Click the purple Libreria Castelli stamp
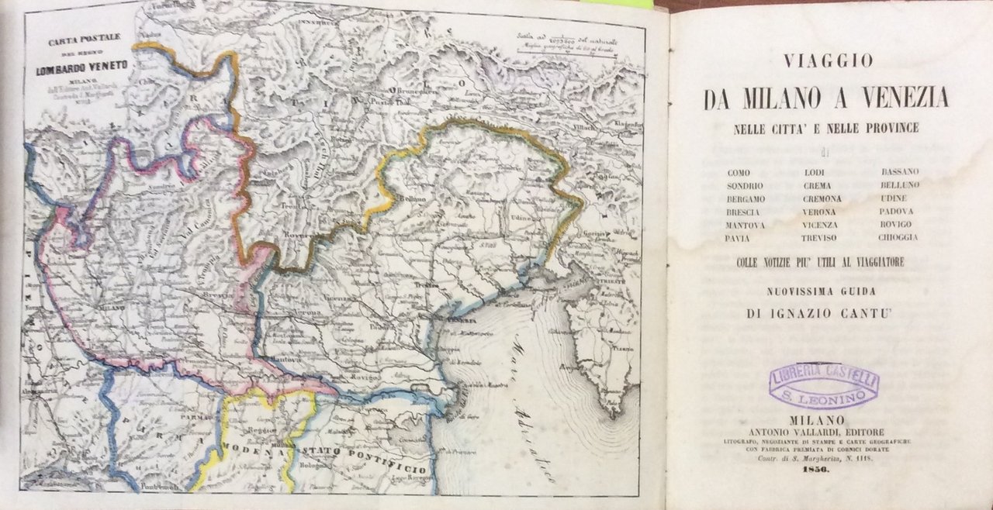(x=824, y=385)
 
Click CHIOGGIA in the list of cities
(x=898, y=237)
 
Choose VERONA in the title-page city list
(x=820, y=212)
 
